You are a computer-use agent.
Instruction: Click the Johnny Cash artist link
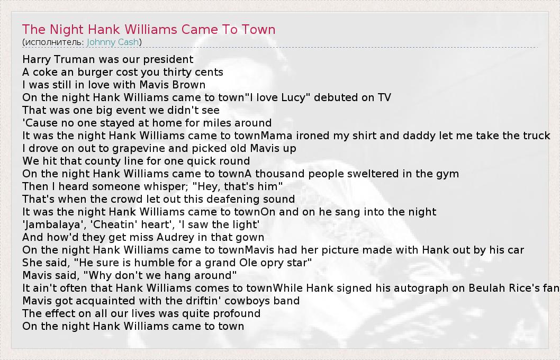click(x=113, y=42)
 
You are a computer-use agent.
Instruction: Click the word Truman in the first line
click(x=78, y=59)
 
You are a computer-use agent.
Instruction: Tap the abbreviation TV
click(x=384, y=97)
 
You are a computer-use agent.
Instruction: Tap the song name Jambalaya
click(x=47, y=224)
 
